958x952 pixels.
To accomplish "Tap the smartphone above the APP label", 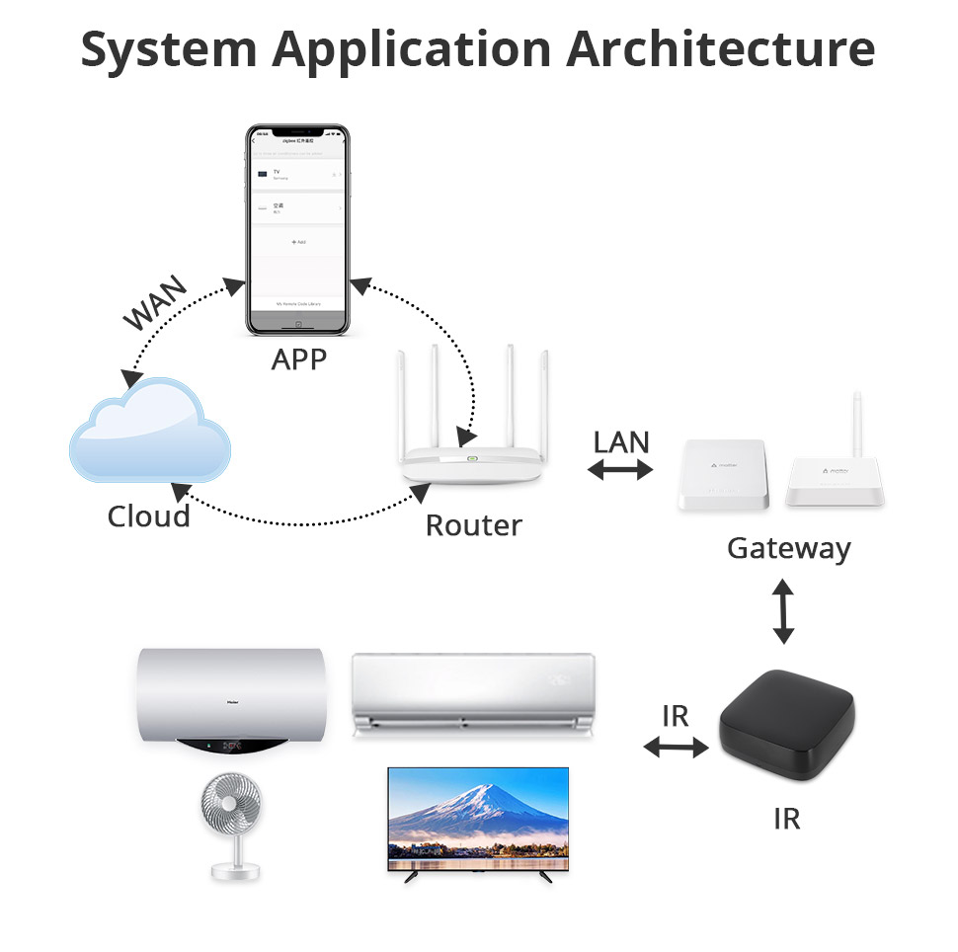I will click(297, 229).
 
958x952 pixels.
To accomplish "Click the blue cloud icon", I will click(150, 435).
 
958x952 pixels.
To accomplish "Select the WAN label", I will click(155, 305).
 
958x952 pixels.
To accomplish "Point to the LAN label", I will click(621, 441).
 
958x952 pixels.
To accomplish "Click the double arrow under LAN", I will click(620, 471).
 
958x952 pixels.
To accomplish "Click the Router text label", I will click(473, 525).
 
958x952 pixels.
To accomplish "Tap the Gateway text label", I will click(788, 548).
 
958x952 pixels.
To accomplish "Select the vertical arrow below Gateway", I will click(783, 612).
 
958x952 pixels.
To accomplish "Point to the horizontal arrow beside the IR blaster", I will click(677, 748).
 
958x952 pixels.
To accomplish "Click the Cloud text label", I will click(148, 516).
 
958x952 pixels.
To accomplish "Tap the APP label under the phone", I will click(298, 359).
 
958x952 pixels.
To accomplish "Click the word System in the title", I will click(163, 48).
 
